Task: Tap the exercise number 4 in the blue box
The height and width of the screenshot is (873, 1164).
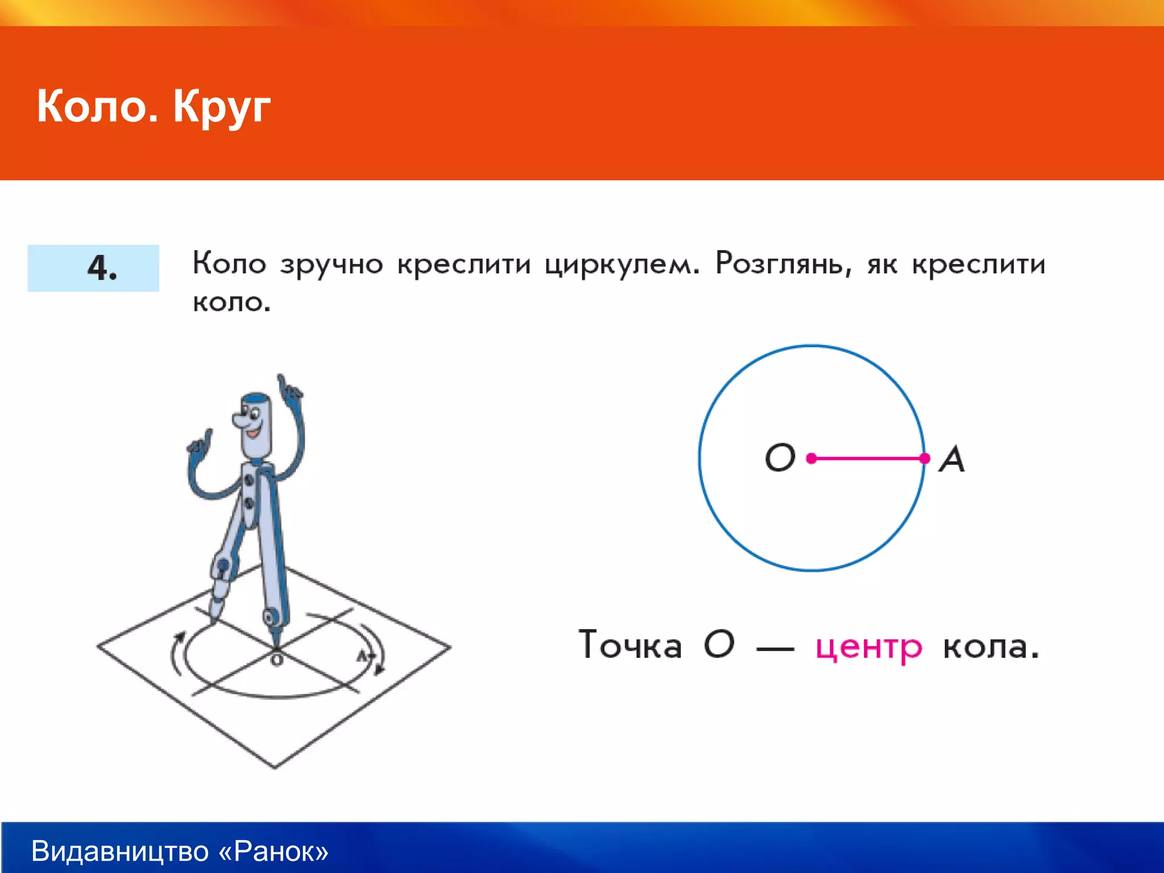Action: pos(101,268)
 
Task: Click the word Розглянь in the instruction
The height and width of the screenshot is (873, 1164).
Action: pos(783,264)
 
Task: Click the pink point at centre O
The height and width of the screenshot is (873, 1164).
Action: pos(812,458)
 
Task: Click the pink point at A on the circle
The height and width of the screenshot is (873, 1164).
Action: pos(925,458)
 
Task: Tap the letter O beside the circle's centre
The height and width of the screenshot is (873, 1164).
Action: pos(780,458)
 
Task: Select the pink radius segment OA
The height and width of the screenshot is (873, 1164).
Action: pos(868,458)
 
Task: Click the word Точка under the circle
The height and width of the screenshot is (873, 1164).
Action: pos(630,646)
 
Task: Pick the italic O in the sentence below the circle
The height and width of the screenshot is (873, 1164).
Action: pos(719,645)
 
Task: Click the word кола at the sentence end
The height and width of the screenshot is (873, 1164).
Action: pos(991,647)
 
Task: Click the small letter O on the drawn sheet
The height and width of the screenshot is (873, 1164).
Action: pos(277,660)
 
